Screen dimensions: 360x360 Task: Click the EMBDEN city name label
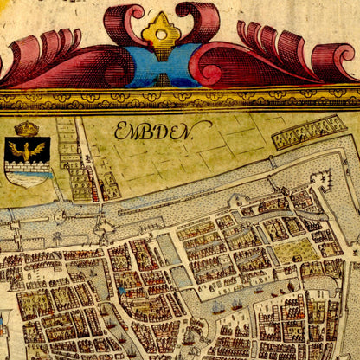point(163,131)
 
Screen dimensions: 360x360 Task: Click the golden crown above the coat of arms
point(27,129)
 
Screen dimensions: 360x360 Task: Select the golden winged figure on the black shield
point(27,151)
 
